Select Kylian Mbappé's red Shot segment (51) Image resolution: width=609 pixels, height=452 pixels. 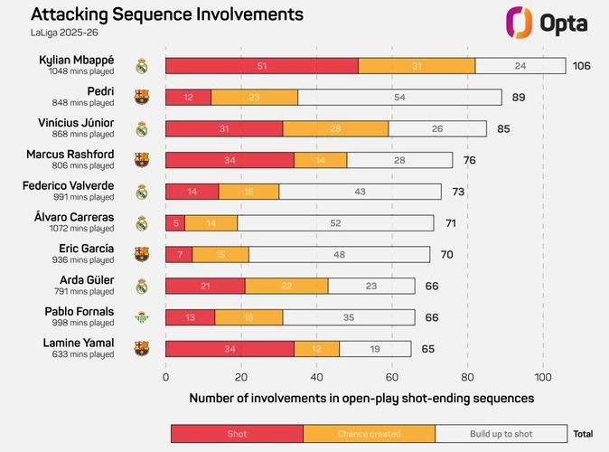pos(262,66)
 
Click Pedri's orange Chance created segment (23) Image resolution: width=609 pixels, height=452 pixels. pos(255,97)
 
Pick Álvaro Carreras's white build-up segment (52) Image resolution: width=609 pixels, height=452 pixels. pos(335,223)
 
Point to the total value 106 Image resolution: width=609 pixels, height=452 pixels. pos(584,66)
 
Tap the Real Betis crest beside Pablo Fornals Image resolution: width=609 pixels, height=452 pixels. pos(141,317)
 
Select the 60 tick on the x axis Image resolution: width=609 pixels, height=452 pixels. pos(392,377)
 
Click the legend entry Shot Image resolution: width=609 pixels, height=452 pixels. pos(237,434)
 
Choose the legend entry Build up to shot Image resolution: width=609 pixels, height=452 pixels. pos(501,434)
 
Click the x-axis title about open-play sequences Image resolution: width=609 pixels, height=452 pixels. pos(361,398)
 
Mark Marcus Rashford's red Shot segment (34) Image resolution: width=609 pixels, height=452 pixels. pos(230,160)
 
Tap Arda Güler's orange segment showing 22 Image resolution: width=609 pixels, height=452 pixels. pos(286,286)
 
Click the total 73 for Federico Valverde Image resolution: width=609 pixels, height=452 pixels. pos(458,192)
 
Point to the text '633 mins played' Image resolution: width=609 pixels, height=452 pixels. pos(81,354)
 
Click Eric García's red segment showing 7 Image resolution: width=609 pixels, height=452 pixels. pos(179,254)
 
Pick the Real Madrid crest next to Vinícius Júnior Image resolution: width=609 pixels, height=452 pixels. pos(141,128)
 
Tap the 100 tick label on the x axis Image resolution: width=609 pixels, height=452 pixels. pos(543,377)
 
